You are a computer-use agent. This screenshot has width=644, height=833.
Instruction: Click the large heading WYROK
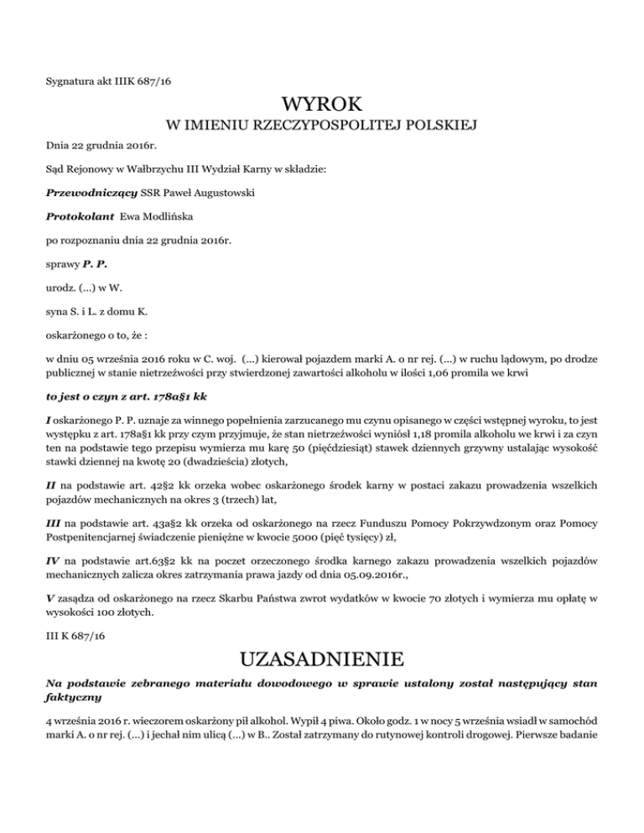click(322, 105)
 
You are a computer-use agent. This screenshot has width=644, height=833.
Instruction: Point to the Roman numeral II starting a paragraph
click(50, 443)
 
